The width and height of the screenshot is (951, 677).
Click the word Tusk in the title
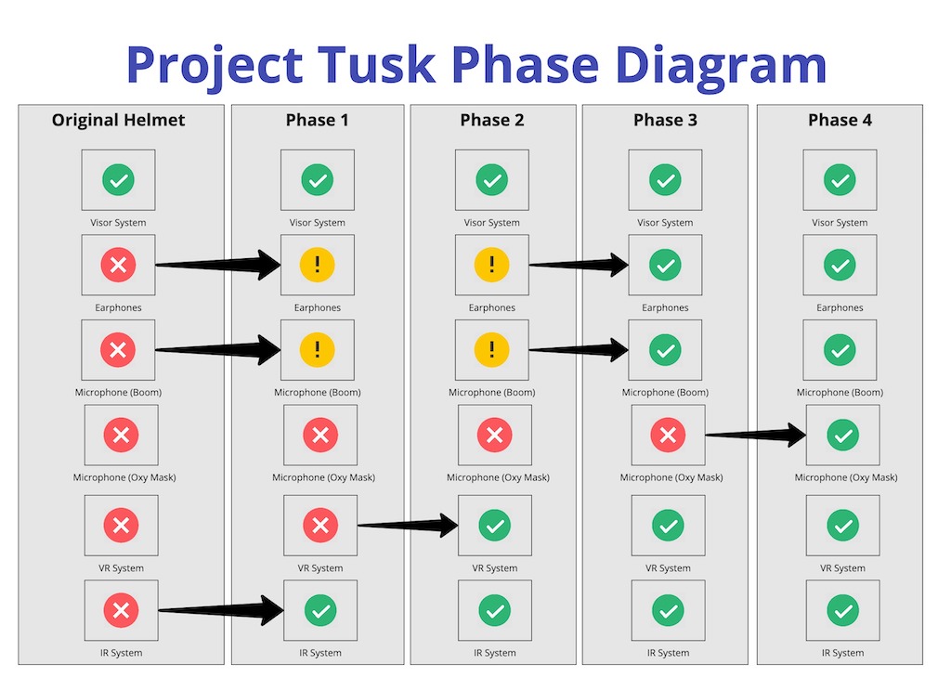click(x=376, y=64)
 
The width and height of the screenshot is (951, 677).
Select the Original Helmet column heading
click(x=118, y=120)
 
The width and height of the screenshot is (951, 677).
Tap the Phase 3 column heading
click(x=665, y=120)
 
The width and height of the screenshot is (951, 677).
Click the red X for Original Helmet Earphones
click(x=118, y=265)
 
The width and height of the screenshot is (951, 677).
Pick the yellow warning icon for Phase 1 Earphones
click(x=318, y=265)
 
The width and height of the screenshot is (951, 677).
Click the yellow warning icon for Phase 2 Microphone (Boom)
click(x=492, y=350)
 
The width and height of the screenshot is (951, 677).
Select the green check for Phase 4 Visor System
click(x=840, y=180)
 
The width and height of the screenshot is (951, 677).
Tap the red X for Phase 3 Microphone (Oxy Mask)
click(x=668, y=435)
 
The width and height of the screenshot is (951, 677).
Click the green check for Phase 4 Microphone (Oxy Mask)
click(x=842, y=435)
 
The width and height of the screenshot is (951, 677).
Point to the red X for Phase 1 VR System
click(x=320, y=526)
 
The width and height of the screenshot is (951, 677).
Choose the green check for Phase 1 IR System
click(x=320, y=610)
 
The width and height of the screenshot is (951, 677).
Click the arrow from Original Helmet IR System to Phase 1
click(x=221, y=610)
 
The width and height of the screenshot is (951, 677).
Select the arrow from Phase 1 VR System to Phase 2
click(x=408, y=526)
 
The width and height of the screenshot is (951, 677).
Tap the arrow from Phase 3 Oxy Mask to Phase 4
click(x=756, y=435)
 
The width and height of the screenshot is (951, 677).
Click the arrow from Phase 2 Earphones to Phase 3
click(x=579, y=265)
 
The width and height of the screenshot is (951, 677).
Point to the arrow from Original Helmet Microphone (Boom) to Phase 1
click(x=217, y=350)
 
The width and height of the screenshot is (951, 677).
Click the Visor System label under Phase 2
click(x=492, y=223)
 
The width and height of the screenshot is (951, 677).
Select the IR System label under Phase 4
click(x=842, y=653)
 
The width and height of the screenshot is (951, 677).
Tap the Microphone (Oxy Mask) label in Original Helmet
click(x=124, y=477)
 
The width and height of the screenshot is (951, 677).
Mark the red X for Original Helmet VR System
click(x=122, y=526)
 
